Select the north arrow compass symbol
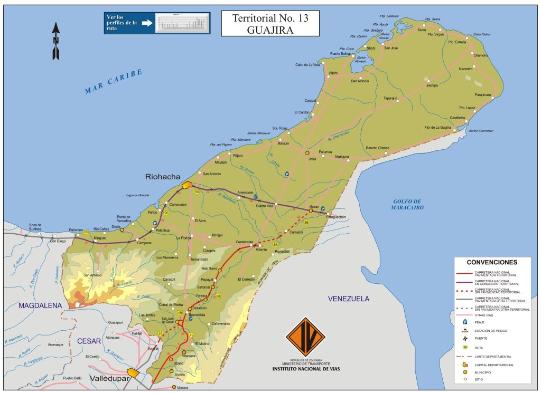(x=55, y=41)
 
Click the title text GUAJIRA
(x=269, y=30)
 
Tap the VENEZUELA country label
(x=348, y=299)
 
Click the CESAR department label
(x=89, y=341)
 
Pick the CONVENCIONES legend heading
(x=491, y=262)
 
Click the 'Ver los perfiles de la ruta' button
(x=157, y=23)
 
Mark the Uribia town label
(x=312, y=158)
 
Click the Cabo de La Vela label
(x=307, y=65)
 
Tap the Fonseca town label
(x=201, y=295)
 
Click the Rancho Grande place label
(x=377, y=148)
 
